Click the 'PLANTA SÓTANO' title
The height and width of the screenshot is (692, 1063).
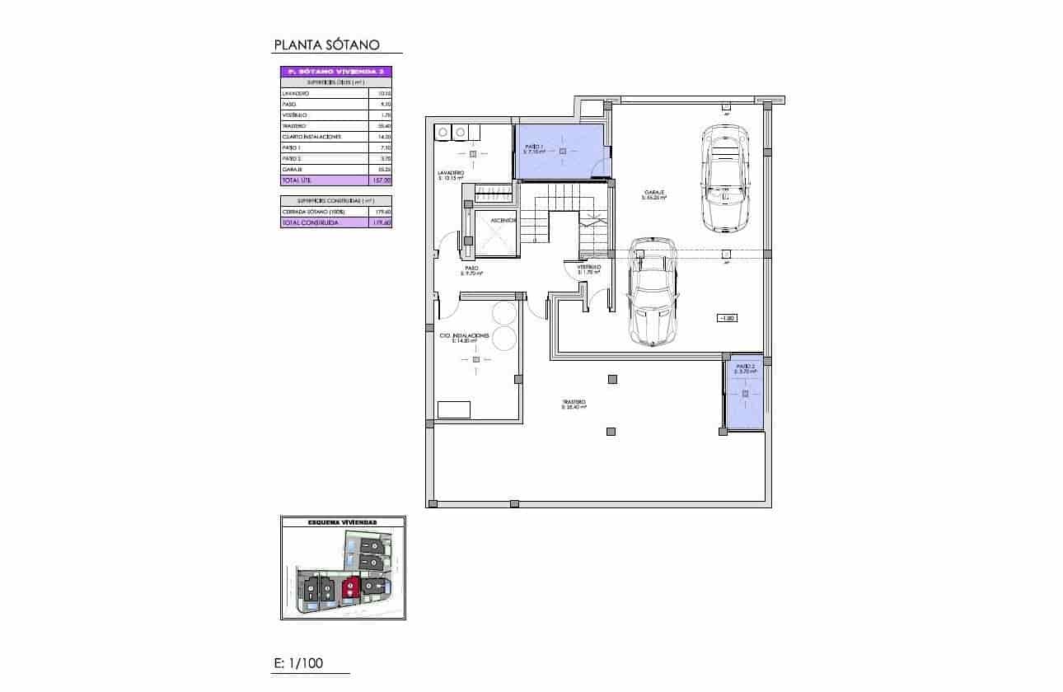tap(325, 45)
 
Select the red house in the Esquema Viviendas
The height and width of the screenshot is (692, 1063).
tap(351, 587)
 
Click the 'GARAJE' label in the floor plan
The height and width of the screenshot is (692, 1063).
tap(655, 194)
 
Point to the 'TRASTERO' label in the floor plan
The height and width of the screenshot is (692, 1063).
tap(574, 403)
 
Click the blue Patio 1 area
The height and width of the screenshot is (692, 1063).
tap(560, 152)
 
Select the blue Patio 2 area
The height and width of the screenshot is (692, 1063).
tap(745, 395)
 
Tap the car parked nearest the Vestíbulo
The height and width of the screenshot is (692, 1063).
tap(653, 292)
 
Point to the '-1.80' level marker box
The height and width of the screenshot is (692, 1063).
tap(726, 318)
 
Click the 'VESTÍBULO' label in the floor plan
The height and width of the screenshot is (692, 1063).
tap(588, 268)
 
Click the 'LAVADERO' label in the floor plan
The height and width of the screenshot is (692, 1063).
tap(451, 174)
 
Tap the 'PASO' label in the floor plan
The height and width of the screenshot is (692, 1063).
tap(471, 269)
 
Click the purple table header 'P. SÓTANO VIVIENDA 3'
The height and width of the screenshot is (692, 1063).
tap(335, 72)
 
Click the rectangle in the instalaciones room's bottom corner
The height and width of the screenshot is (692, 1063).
tap(454, 409)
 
